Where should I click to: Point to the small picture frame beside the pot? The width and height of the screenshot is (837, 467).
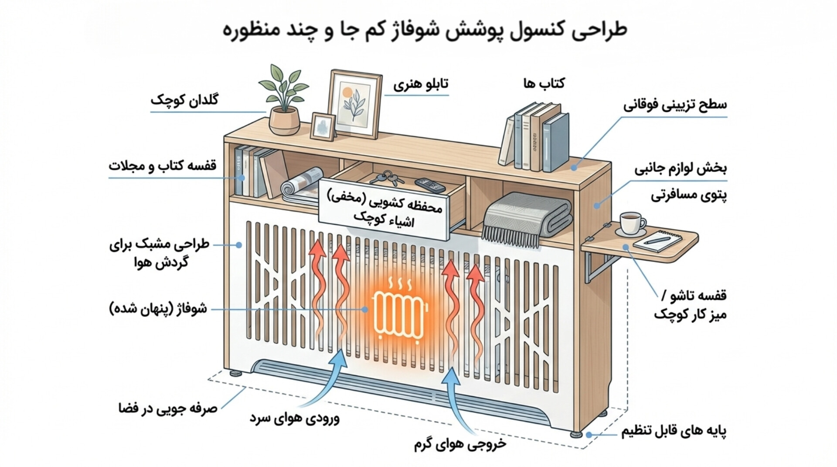pos(323,126)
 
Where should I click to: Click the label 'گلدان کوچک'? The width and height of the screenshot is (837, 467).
pos(184,100)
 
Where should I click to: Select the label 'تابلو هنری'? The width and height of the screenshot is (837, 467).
pos(421,84)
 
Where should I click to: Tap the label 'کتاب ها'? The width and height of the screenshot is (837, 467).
pos(544,83)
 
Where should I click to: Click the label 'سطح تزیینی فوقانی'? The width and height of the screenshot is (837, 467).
pos(675,105)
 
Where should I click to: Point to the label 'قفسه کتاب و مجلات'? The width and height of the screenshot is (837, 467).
pos(163,166)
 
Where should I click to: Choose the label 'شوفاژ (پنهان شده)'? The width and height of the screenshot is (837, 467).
pos(158,309)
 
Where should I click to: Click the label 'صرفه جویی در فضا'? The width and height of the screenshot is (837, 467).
pos(168,409)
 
